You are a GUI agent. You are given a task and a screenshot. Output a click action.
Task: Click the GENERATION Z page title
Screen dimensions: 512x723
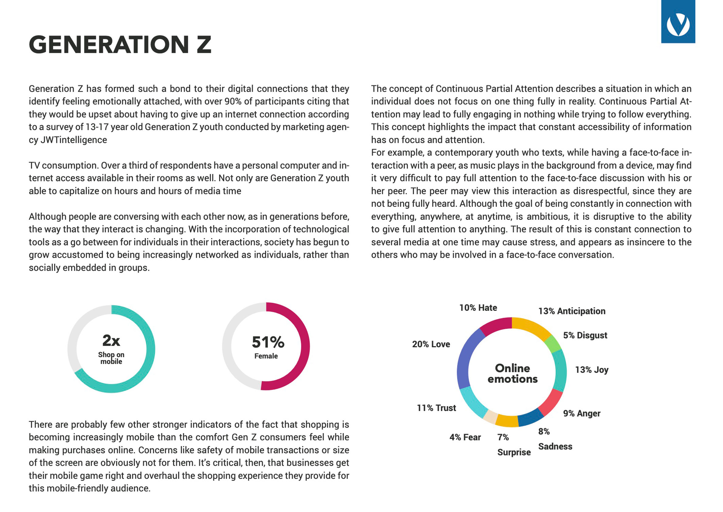click(120, 44)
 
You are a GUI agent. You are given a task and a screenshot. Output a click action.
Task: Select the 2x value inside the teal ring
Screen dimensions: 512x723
click(111, 341)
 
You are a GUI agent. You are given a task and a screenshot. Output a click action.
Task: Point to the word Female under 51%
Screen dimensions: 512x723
click(266, 356)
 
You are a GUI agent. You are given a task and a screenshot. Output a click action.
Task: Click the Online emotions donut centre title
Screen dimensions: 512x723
click(512, 373)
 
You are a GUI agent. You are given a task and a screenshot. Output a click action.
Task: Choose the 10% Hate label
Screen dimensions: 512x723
click(478, 308)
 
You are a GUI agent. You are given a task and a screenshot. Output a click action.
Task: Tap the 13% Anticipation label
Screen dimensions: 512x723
click(571, 311)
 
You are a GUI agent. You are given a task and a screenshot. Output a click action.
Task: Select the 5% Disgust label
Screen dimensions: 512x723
click(585, 335)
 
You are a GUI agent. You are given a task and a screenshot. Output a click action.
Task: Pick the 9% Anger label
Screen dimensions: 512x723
click(581, 413)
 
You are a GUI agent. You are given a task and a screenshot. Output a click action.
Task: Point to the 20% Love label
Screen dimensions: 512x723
click(431, 344)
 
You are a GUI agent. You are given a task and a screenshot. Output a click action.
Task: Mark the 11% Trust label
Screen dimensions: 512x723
click(436, 408)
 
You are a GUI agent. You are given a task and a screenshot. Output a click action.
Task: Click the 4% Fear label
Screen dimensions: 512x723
click(465, 437)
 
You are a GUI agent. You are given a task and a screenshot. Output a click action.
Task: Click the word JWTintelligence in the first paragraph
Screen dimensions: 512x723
click(74, 140)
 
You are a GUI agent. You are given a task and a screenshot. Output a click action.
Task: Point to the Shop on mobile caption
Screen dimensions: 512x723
click(111, 358)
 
